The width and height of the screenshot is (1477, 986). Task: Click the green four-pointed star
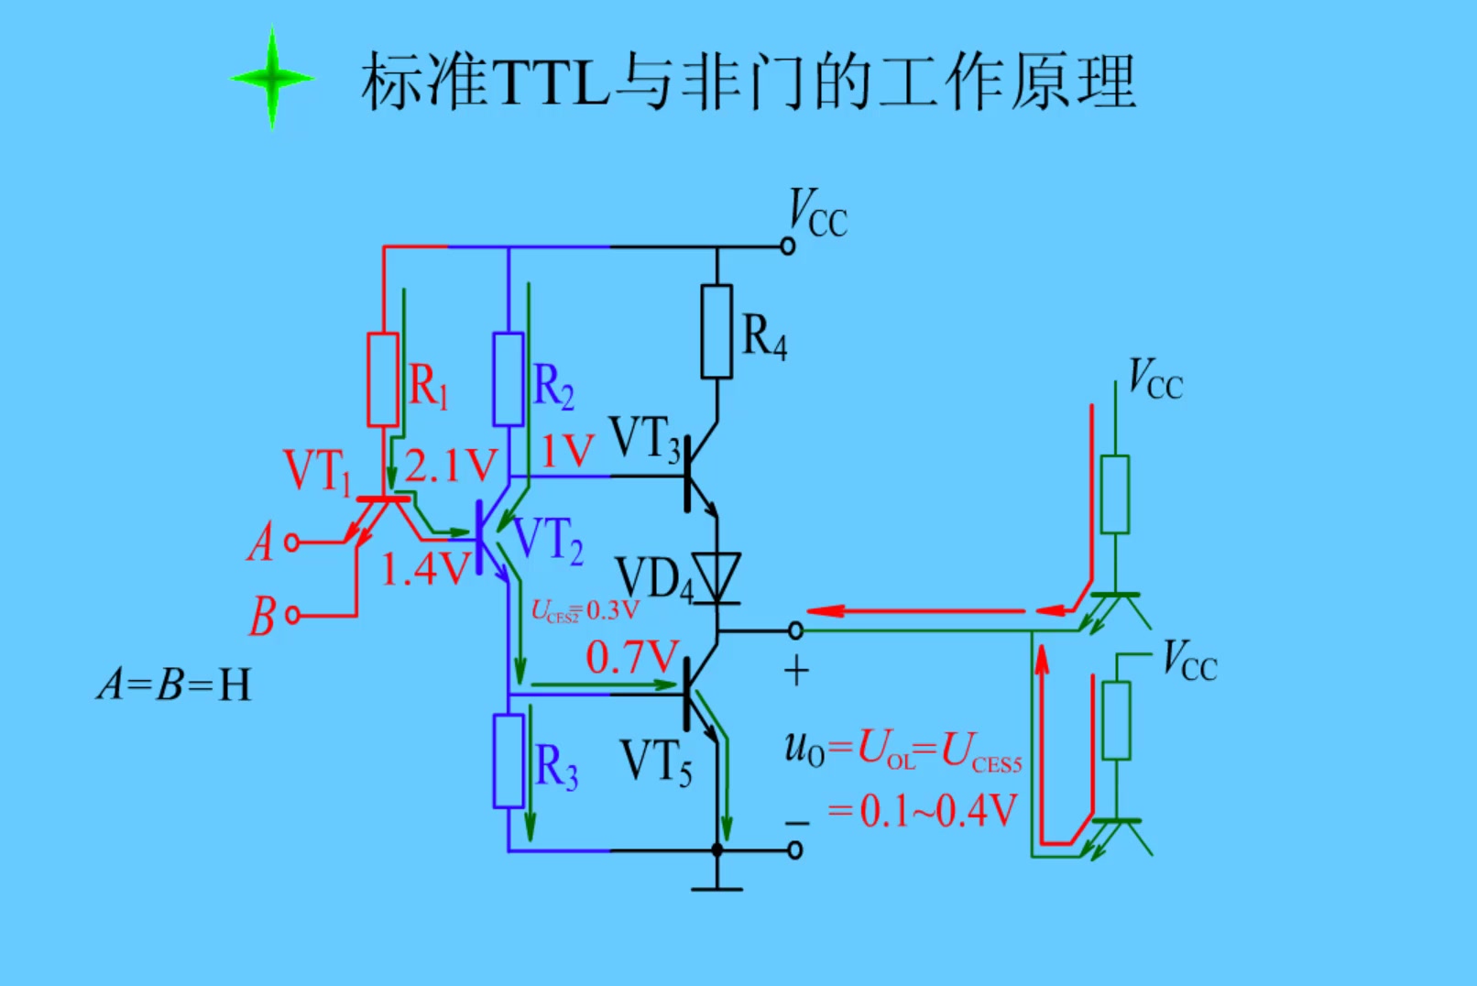272,79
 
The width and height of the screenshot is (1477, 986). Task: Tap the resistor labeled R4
717,332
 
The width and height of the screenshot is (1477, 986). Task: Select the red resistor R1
383,379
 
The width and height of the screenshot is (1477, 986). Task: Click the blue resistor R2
509,379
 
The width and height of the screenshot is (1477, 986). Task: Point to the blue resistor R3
509,761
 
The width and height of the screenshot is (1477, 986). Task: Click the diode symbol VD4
717,577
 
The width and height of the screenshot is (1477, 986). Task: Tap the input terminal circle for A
292,542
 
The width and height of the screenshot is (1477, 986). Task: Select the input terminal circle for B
292,615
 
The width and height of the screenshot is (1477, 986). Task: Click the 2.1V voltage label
451,466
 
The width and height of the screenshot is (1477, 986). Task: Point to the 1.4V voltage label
425,570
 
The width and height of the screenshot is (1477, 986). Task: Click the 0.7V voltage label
631,657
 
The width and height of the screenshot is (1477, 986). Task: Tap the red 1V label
567,452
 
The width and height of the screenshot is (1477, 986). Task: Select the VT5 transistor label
656,762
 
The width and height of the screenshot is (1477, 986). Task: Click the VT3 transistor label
645,438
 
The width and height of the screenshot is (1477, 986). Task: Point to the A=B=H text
174,685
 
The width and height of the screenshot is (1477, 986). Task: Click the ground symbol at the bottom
717,887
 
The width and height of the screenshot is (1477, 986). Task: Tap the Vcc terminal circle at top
787,246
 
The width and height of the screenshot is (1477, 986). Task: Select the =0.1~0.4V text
922,811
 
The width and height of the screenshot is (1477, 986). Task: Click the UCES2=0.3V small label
585,611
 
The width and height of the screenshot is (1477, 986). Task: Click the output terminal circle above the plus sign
795,630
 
